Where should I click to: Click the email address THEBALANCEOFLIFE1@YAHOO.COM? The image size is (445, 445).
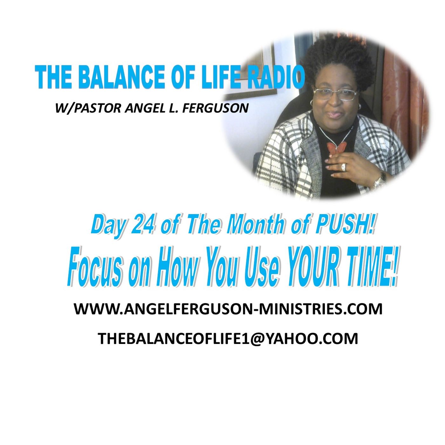(228, 339)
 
